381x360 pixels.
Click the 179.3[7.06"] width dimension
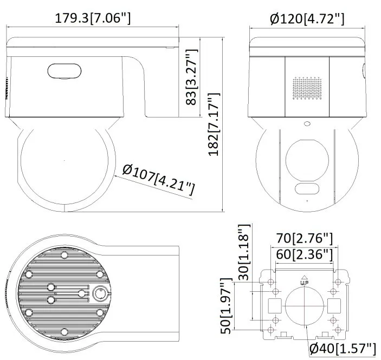pyautogui.click(x=93, y=18)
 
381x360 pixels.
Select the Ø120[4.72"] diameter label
pyautogui.click(x=307, y=19)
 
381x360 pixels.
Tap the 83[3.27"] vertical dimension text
pyautogui.click(x=191, y=77)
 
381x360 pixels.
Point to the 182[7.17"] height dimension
pyautogui.click(x=214, y=124)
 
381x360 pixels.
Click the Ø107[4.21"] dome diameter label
pyautogui.click(x=158, y=179)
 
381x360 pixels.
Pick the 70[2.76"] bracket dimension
pyautogui.click(x=304, y=238)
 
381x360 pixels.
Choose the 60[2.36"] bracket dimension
pyautogui.click(x=304, y=254)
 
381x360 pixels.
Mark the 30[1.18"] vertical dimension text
pyautogui.click(x=244, y=252)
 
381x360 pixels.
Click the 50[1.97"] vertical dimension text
pyautogui.click(x=226, y=306)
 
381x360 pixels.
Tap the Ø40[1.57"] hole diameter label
pyautogui.click(x=343, y=349)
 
